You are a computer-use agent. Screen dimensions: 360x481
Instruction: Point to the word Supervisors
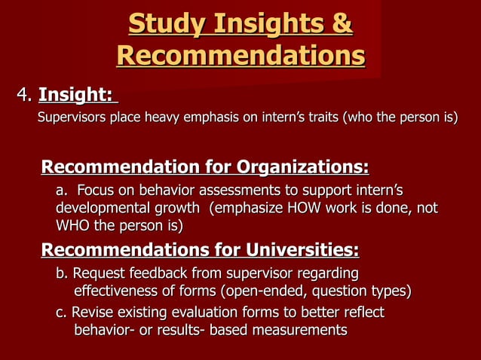[72, 117]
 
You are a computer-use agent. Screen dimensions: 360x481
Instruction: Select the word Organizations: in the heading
[302, 166]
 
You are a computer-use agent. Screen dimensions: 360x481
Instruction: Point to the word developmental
[103, 207]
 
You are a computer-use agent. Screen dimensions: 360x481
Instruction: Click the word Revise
[90, 312]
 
